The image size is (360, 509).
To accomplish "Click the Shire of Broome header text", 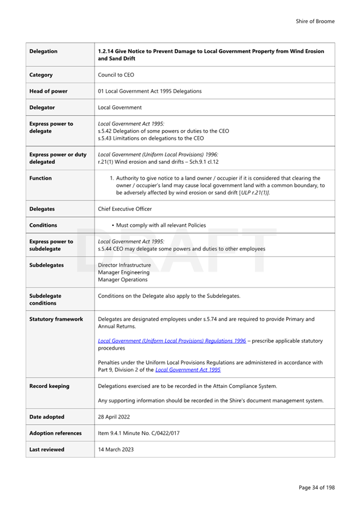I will pyautogui.click(x=315, y=21).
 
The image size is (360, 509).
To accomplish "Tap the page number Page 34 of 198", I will pyautogui.click(x=316, y=488).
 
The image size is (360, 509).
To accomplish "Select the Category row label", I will pyautogui.click(x=41, y=75).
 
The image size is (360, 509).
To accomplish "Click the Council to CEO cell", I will pyautogui.click(x=116, y=75).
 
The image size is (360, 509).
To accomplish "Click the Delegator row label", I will pyautogui.click(x=42, y=107).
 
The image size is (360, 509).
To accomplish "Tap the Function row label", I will pyautogui.click(x=41, y=178).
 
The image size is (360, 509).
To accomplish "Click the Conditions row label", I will pyautogui.click(x=43, y=225).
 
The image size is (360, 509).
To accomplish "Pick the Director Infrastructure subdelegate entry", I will pyautogui.click(x=124, y=265).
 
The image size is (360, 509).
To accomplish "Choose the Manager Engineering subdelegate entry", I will pyautogui.click(x=123, y=272).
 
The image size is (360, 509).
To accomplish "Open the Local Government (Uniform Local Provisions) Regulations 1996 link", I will pyautogui.click(x=171, y=341).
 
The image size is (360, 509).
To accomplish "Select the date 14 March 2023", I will pyautogui.click(x=116, y=450).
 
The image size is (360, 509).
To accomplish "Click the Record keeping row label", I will pyautogui.click(x=50, y=386).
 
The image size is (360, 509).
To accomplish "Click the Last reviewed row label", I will pyautogui.click(x=47, y=450).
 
